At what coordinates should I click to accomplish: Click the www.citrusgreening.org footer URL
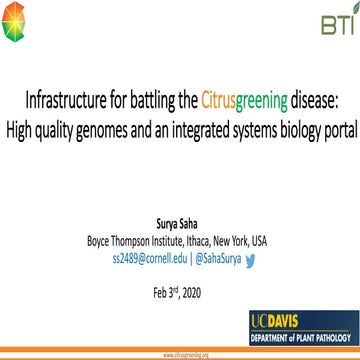[x=180, y=355]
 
